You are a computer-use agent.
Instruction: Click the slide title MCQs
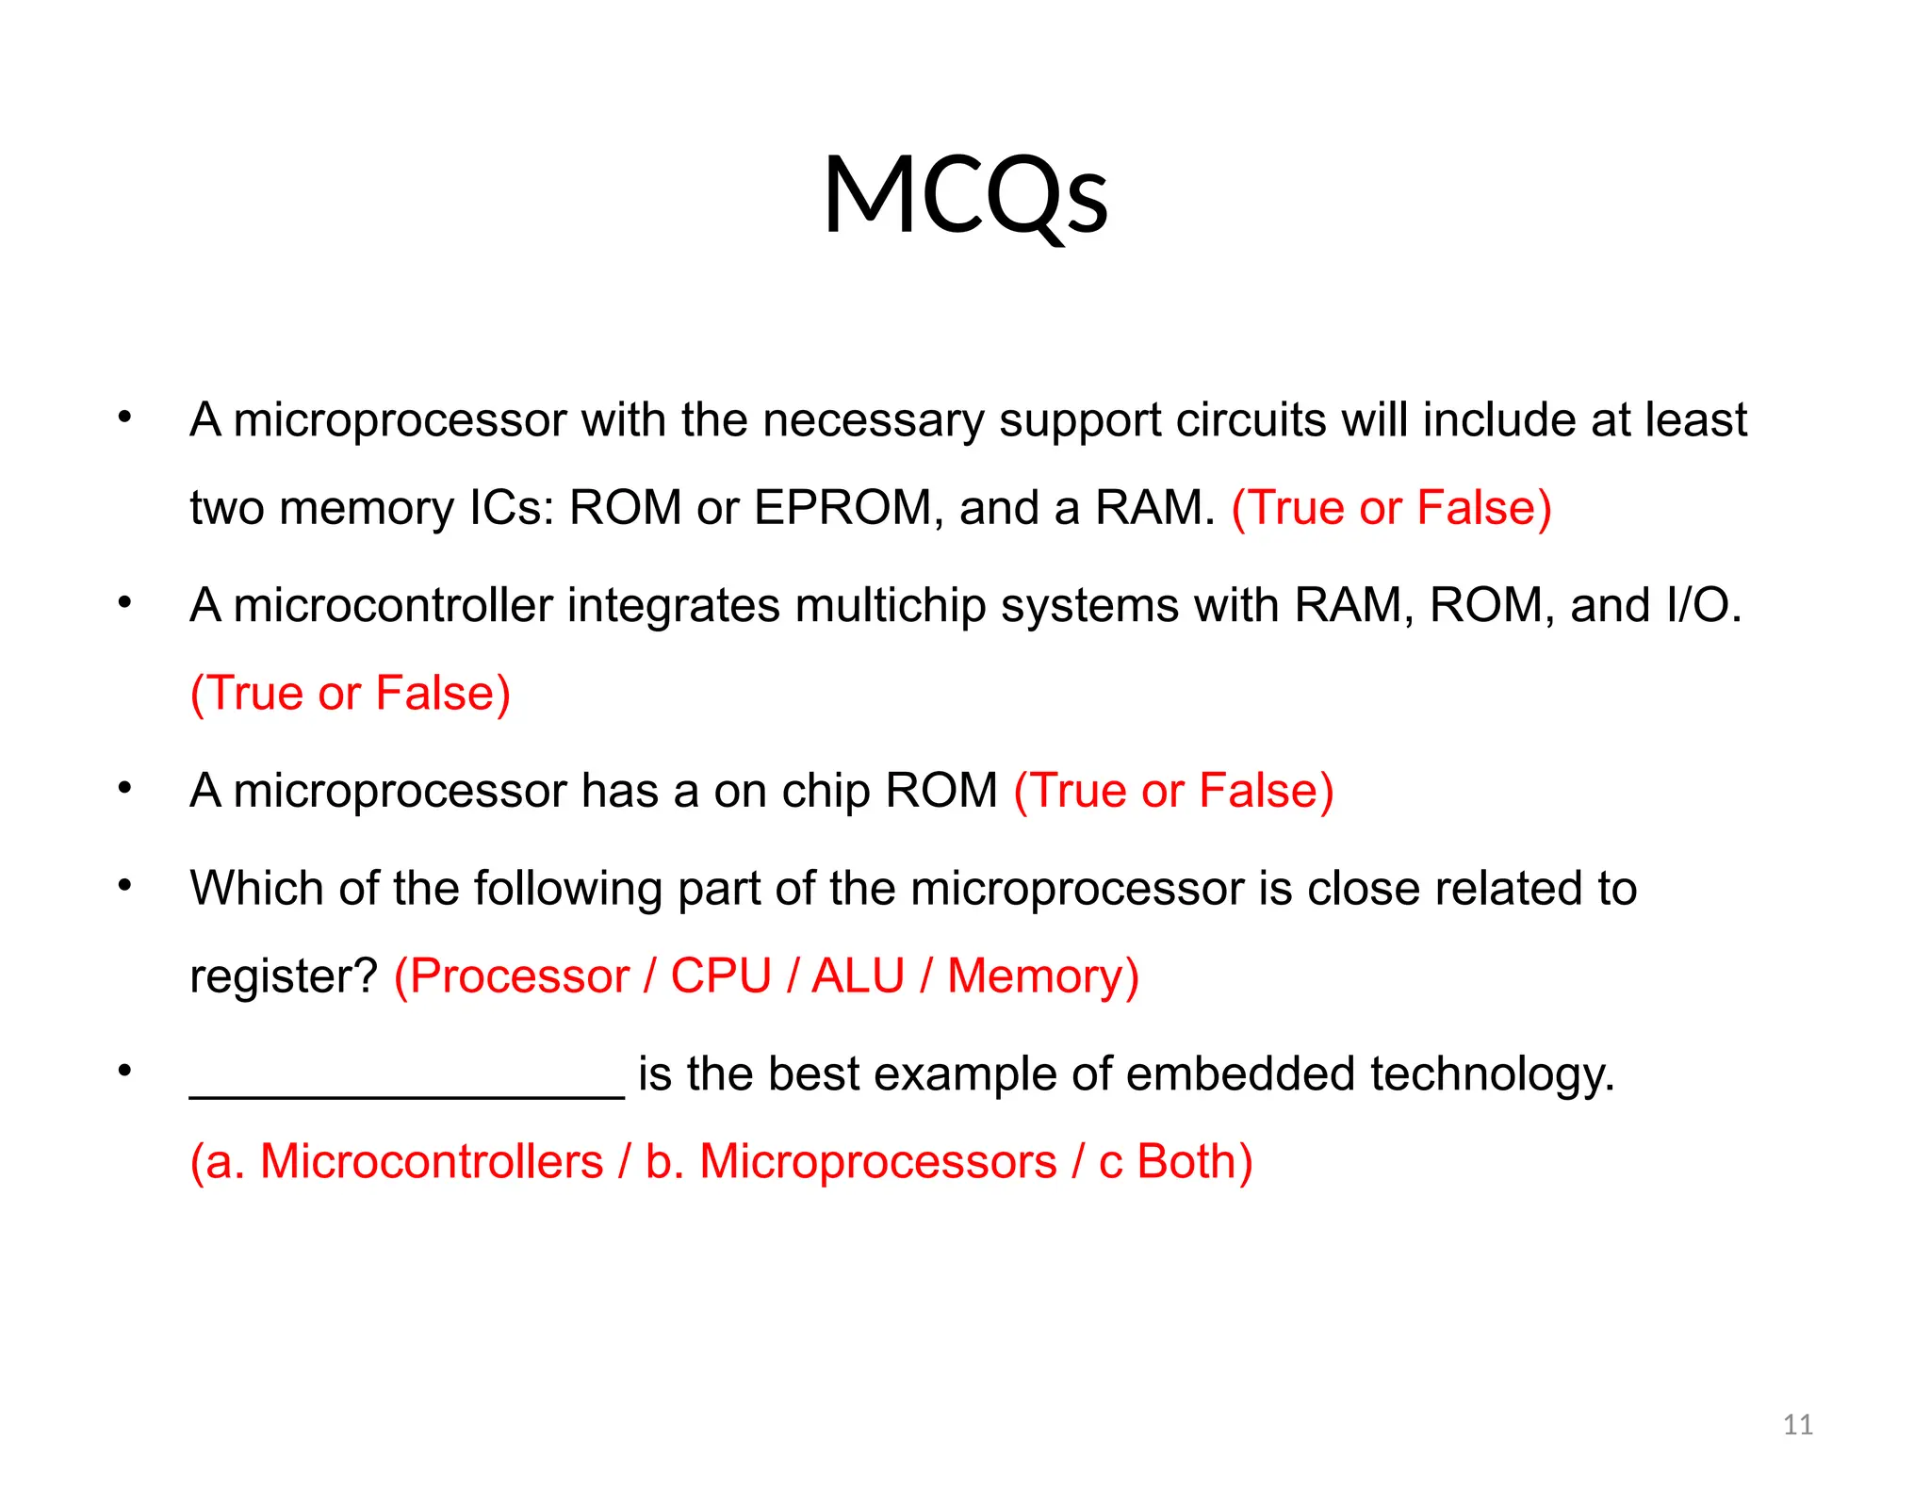pyautogui.click(x=965, y=195)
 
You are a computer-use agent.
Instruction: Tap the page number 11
pyautogui.click(x=1797, y=1424)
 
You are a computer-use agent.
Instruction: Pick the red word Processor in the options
pyautogui.click(x=519, y=975)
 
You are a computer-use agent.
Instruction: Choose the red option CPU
pyautogui.click(x=721, y=975)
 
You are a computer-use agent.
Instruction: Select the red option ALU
pyautogui.click(x=858, y=975)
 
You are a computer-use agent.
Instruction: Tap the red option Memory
pyautogui.click(x=1035, y=975)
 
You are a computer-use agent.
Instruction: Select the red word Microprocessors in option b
pyautogui.click(x=877, y=1161)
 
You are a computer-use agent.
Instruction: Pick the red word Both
pyautogui.click(x=1186, y=1161)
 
